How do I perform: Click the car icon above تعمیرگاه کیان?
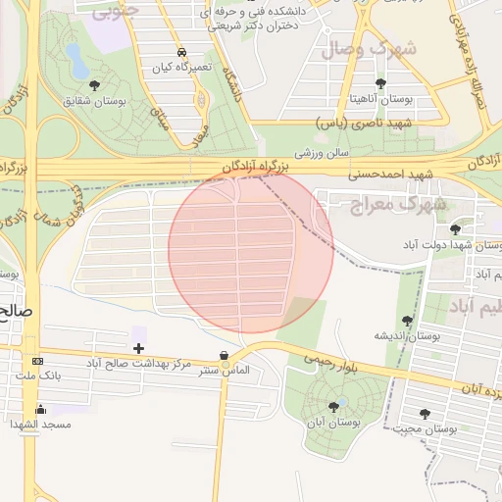click(181, 52)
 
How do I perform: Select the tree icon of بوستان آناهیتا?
click(381, 82)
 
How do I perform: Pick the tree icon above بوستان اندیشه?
click(407, 320)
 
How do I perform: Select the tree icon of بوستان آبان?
click(333, 406)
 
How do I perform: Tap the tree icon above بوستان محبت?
click(425, 414)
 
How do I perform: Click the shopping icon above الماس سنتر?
click(226, 356)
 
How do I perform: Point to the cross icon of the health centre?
click(138, 348)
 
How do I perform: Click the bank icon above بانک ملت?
click(37, 362)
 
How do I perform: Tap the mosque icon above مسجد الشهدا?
click(40, 409)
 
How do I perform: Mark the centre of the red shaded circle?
click(251, 250)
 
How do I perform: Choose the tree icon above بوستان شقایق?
click(93, 84)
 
